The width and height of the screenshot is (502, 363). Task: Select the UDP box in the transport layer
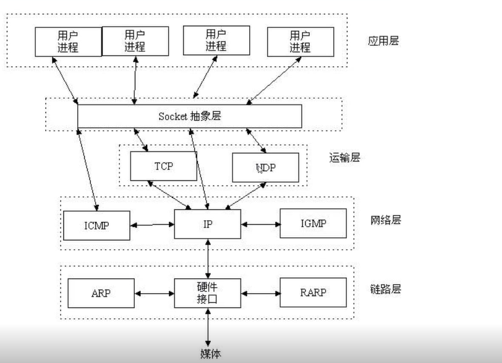[x=265, y=167]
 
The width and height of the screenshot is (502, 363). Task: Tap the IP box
[x=207, y=223]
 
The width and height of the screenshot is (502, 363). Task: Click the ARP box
[x=100, y=293]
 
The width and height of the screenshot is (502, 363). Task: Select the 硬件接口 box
[x=207, y=293]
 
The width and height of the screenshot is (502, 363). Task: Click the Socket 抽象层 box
[x=189, y=116]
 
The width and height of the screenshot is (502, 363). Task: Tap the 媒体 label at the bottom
[x=210, y=354]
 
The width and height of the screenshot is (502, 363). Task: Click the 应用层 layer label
[x=383, y=41]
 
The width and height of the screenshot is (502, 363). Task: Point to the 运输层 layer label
[x=344, y=157]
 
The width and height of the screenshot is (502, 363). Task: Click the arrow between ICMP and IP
[x=152, y=224]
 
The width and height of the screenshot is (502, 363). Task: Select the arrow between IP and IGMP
[x=260, y=223]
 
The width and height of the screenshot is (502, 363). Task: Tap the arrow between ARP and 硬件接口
[x=154, y=293]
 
